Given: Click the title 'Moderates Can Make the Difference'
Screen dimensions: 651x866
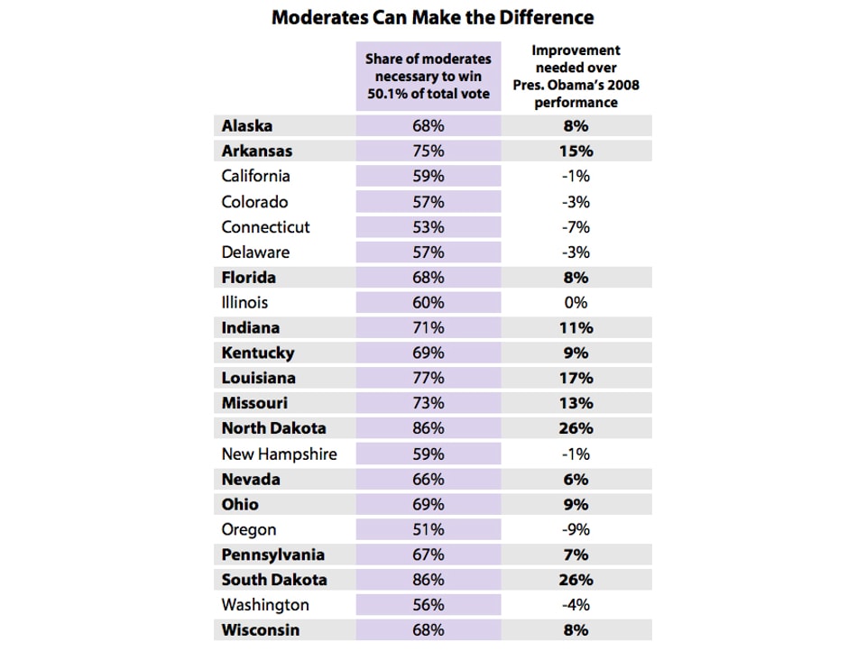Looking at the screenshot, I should coord(432,17).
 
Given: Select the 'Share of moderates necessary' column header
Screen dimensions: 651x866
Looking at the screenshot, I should coord(428,77).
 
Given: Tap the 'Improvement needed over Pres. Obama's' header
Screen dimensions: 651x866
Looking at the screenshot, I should coord(576,77).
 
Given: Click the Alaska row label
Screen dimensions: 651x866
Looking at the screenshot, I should coord(247,126).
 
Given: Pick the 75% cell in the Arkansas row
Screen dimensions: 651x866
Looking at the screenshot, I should coord(428,151).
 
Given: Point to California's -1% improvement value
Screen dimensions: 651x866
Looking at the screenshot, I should coord(576,177).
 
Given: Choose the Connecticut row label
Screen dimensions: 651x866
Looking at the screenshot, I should coord(265,227).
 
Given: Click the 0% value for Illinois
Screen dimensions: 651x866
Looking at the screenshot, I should coord(576,303).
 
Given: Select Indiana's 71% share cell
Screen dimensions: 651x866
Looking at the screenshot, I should coord(428,328).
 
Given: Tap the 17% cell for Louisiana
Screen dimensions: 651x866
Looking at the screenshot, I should coord(576,379).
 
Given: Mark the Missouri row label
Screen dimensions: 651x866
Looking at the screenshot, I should coord(254,404).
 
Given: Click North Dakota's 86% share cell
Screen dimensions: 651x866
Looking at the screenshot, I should coord(428,429).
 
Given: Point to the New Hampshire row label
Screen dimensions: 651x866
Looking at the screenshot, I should coord(279,454).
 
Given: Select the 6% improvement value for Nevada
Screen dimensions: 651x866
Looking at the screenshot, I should coord(576,480).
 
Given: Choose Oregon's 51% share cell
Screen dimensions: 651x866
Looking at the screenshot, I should coord(428,530).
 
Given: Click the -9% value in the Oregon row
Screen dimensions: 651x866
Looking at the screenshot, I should coord(576,530).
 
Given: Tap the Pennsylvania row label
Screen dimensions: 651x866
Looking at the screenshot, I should coord(272,555).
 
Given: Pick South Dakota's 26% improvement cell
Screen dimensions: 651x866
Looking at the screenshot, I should coord(576,580).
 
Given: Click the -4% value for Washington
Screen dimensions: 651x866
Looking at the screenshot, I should coord(576,605).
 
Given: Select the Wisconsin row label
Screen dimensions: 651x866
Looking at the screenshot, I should coord(261,630).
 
